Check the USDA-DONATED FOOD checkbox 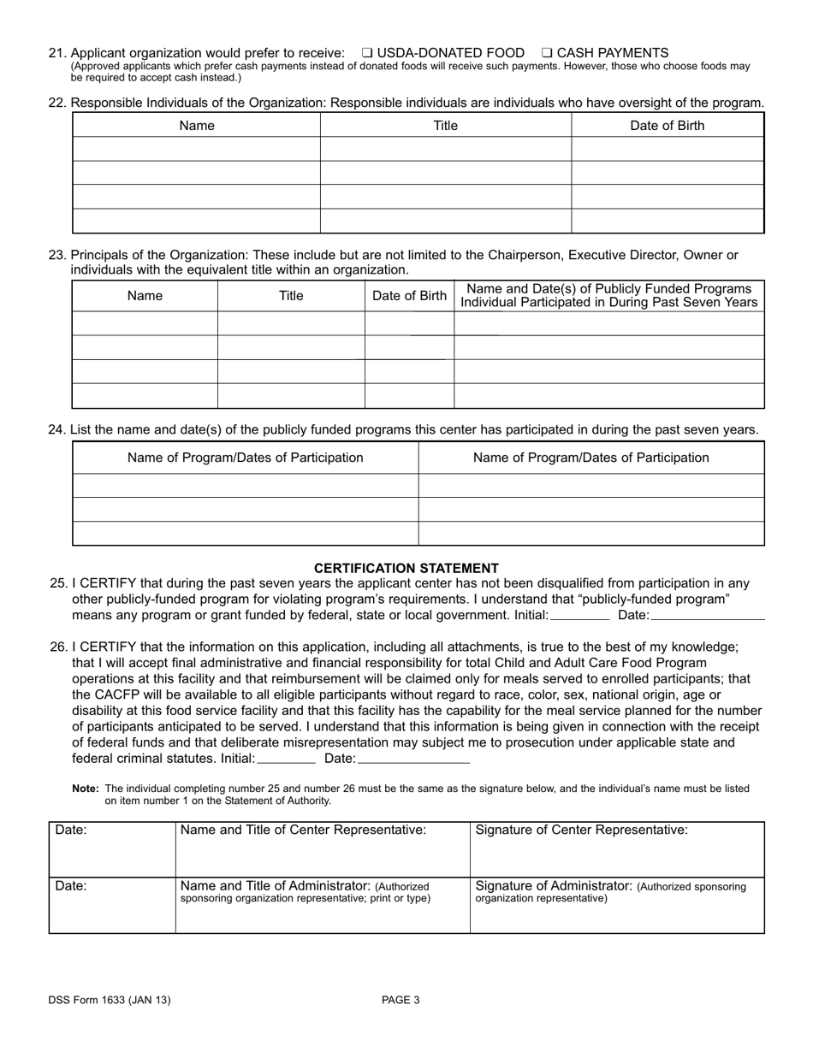(367, 53)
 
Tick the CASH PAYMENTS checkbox (547, 53)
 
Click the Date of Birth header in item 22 (668, 126)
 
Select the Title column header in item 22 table (445, 126)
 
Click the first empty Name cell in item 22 (196, 149)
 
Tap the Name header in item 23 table (145, 296)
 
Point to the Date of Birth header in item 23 (409, 296)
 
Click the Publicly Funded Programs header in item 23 (608, 295)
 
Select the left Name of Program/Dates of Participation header (245, 458)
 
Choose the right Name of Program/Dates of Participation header (590, 458)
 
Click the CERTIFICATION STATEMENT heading (406, 568)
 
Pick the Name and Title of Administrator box (323, 904)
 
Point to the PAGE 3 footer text (401, 1000)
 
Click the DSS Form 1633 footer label (109, 1000)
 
